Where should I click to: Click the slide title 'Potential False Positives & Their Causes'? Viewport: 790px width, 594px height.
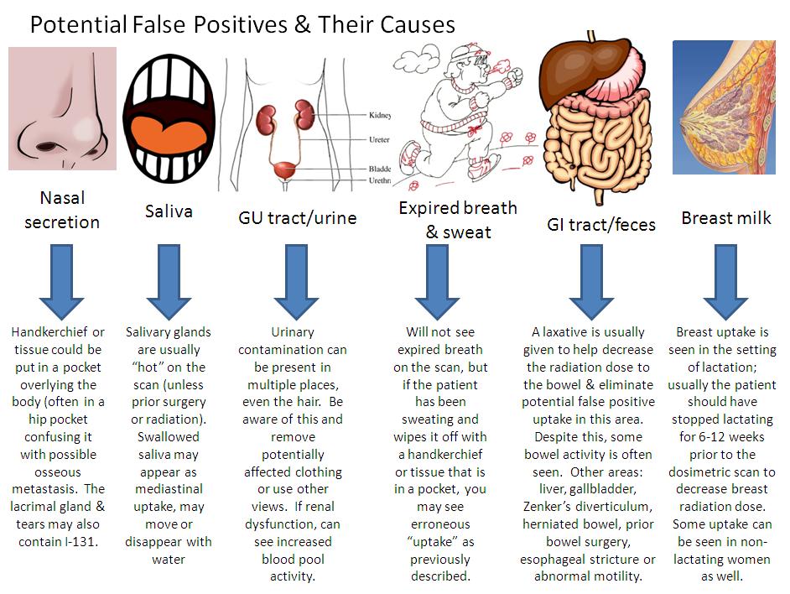(242, 23)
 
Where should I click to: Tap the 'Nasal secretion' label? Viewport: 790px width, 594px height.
(62, 211)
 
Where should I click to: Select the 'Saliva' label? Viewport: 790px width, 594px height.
(169, 211)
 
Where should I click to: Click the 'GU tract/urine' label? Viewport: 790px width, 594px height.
(298, 218)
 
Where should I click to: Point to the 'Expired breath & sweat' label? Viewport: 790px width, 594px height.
(458, 220)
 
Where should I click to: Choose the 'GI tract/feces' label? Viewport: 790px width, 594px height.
(601, 223)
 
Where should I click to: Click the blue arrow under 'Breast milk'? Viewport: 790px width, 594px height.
(725, 281)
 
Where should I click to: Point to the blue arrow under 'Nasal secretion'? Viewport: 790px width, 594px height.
(62, 281)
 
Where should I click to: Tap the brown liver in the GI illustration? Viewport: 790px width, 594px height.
(571, 66)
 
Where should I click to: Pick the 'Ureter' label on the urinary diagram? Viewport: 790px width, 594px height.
(378, 140)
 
